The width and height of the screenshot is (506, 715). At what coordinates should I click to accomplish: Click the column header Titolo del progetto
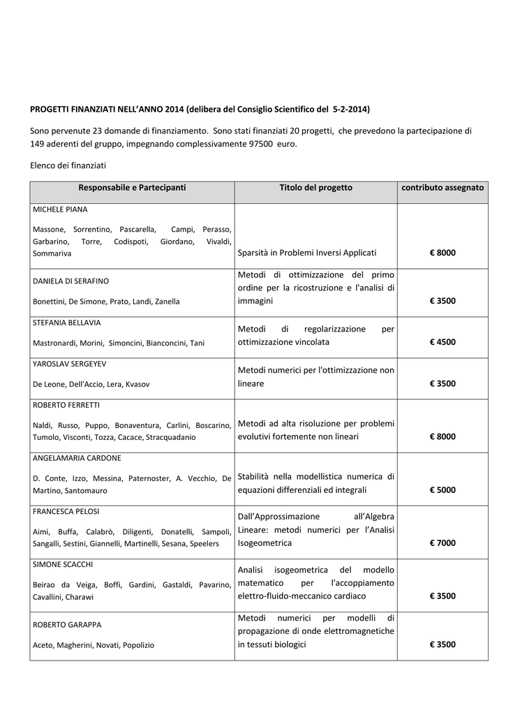pyautogui.click(x=315, y=188)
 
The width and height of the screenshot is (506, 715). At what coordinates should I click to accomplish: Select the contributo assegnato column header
pyautogui.click(x=442, y=188)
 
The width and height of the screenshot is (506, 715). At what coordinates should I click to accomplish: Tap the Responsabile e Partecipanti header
pyautogui.click(x=132, y=188)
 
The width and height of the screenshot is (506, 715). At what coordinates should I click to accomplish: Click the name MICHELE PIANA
pyautogui.click(x=60, y=209)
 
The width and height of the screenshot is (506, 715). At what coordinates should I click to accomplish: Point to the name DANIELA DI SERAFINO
pyautogui.click(x=70, y=281)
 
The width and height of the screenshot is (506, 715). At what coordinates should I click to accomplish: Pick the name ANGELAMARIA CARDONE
pyautogui.click(x=77, y=458)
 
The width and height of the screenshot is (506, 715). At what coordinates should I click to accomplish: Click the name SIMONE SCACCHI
pyautogui.click(x=63, y=563)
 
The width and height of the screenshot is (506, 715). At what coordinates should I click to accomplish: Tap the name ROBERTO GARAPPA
pyautogui.click(x=66, y=625)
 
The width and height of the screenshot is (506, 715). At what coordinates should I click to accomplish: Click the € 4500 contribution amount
pyautogui.click(x=442, y=342)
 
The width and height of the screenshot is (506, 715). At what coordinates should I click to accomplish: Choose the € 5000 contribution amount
pyautogui.click(x=442, y=490)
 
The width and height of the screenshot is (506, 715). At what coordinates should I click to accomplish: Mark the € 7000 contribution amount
pyautogui.click(x=442, y=543)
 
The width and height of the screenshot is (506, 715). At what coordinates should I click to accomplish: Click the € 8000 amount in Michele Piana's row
pyautogui.click(x=442, y=253)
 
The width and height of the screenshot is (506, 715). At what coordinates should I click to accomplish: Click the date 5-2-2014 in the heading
pyautogui.click(x=351, y=110)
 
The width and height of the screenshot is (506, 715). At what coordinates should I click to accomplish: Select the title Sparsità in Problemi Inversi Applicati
pyautogui.click(x=307, y=253)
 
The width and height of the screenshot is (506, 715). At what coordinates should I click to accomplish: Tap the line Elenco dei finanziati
pyautogui.click(x=68, y=165)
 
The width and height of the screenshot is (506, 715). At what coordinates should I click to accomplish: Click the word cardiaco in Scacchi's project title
pyautogui.click(x=347, y=596)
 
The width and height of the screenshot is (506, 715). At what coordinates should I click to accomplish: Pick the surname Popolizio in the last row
pyautogui.click(x=139, y=645)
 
